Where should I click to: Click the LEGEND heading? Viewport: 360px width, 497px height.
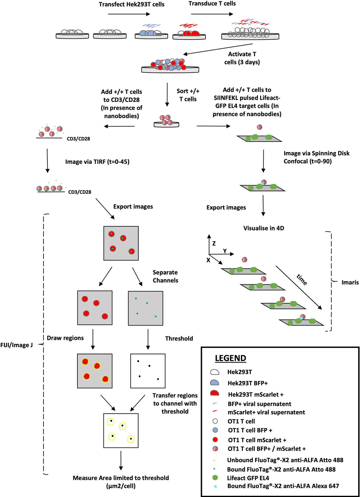tap(230, 358)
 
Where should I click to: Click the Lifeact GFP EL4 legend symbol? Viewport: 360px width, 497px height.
tap(215, 478)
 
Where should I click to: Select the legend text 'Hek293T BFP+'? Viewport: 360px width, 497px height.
tap(247, 383)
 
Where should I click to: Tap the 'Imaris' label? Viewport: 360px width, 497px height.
tap(350, 282)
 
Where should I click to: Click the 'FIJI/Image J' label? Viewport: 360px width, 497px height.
tap(16, 345)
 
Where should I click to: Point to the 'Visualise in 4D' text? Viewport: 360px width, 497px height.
tap(263, 228)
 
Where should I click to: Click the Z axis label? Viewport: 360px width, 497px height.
tap(214, 243)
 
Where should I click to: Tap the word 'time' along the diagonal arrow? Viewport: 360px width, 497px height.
tap(302, 279)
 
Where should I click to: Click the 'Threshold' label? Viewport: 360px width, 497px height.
tap(179, 338)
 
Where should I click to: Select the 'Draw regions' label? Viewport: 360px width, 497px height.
tap(65, 338)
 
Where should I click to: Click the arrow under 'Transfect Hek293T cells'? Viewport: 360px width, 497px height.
tap(129, 14)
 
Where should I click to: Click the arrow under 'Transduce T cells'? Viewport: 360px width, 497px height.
tap(212, 14)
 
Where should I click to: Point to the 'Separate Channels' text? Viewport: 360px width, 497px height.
tap(165, 276)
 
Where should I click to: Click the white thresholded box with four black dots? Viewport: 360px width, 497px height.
tap(148, 371)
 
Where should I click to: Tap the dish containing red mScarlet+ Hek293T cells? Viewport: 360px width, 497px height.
tap(189, 35)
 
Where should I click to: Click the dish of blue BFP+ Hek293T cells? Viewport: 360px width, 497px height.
tap(151, 35)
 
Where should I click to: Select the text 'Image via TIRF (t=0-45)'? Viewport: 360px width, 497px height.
tap(97, 162)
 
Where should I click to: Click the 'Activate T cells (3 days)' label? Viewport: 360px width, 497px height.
tap(242, 58)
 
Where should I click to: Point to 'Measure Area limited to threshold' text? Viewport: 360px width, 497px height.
tap(121, 478)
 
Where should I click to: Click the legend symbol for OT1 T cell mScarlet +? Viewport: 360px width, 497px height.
tap(215, 440)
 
